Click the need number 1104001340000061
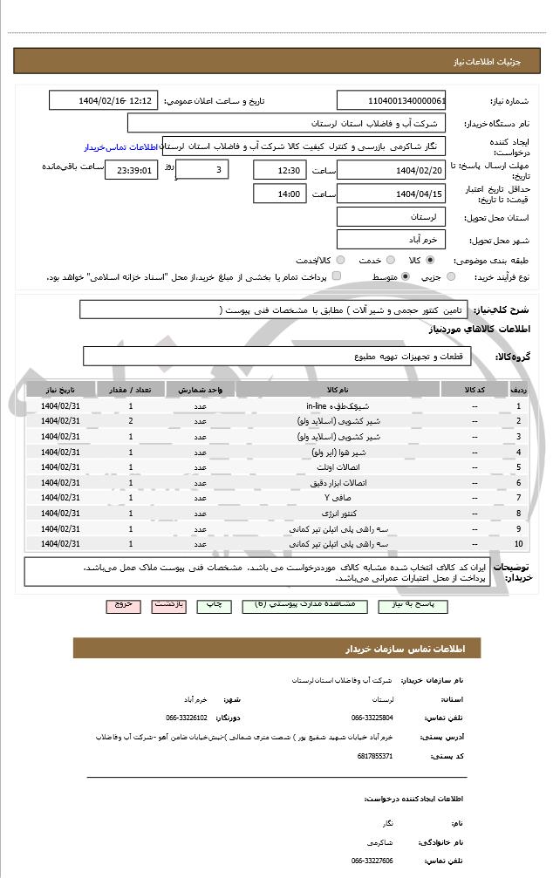click(x=392, y=100)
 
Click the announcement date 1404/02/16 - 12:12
click(x=104, y=100)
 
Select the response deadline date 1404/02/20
click(x=392, y=169)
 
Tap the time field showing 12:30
click(x=279, y=169)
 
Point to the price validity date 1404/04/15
click(x=392, y=194)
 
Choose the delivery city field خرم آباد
click(x=392, y=239)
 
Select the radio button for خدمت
click(x=389, y=260)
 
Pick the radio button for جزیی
click(x=450, y=276)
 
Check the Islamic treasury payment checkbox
click(x=337, y=276)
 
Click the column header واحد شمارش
click(x=201, y=390)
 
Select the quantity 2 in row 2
click(x=131, y=421)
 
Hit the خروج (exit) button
click(x=122, y=603)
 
